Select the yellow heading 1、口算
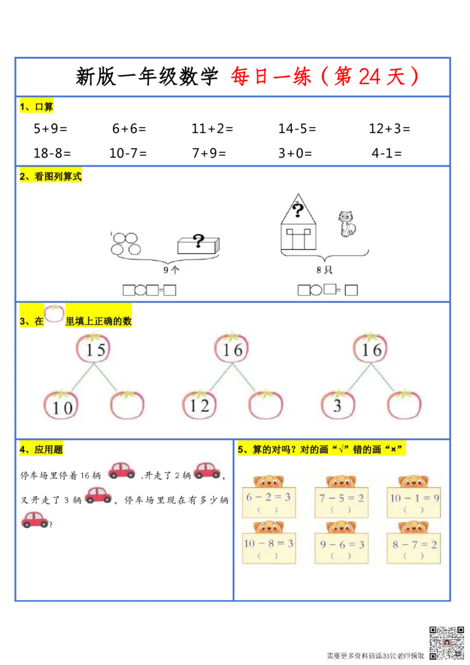36,107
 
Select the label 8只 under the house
324,271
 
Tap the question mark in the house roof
298,209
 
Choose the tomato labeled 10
61,406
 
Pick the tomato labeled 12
200,405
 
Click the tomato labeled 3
338,405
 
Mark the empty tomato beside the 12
266,405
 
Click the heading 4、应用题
41,450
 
